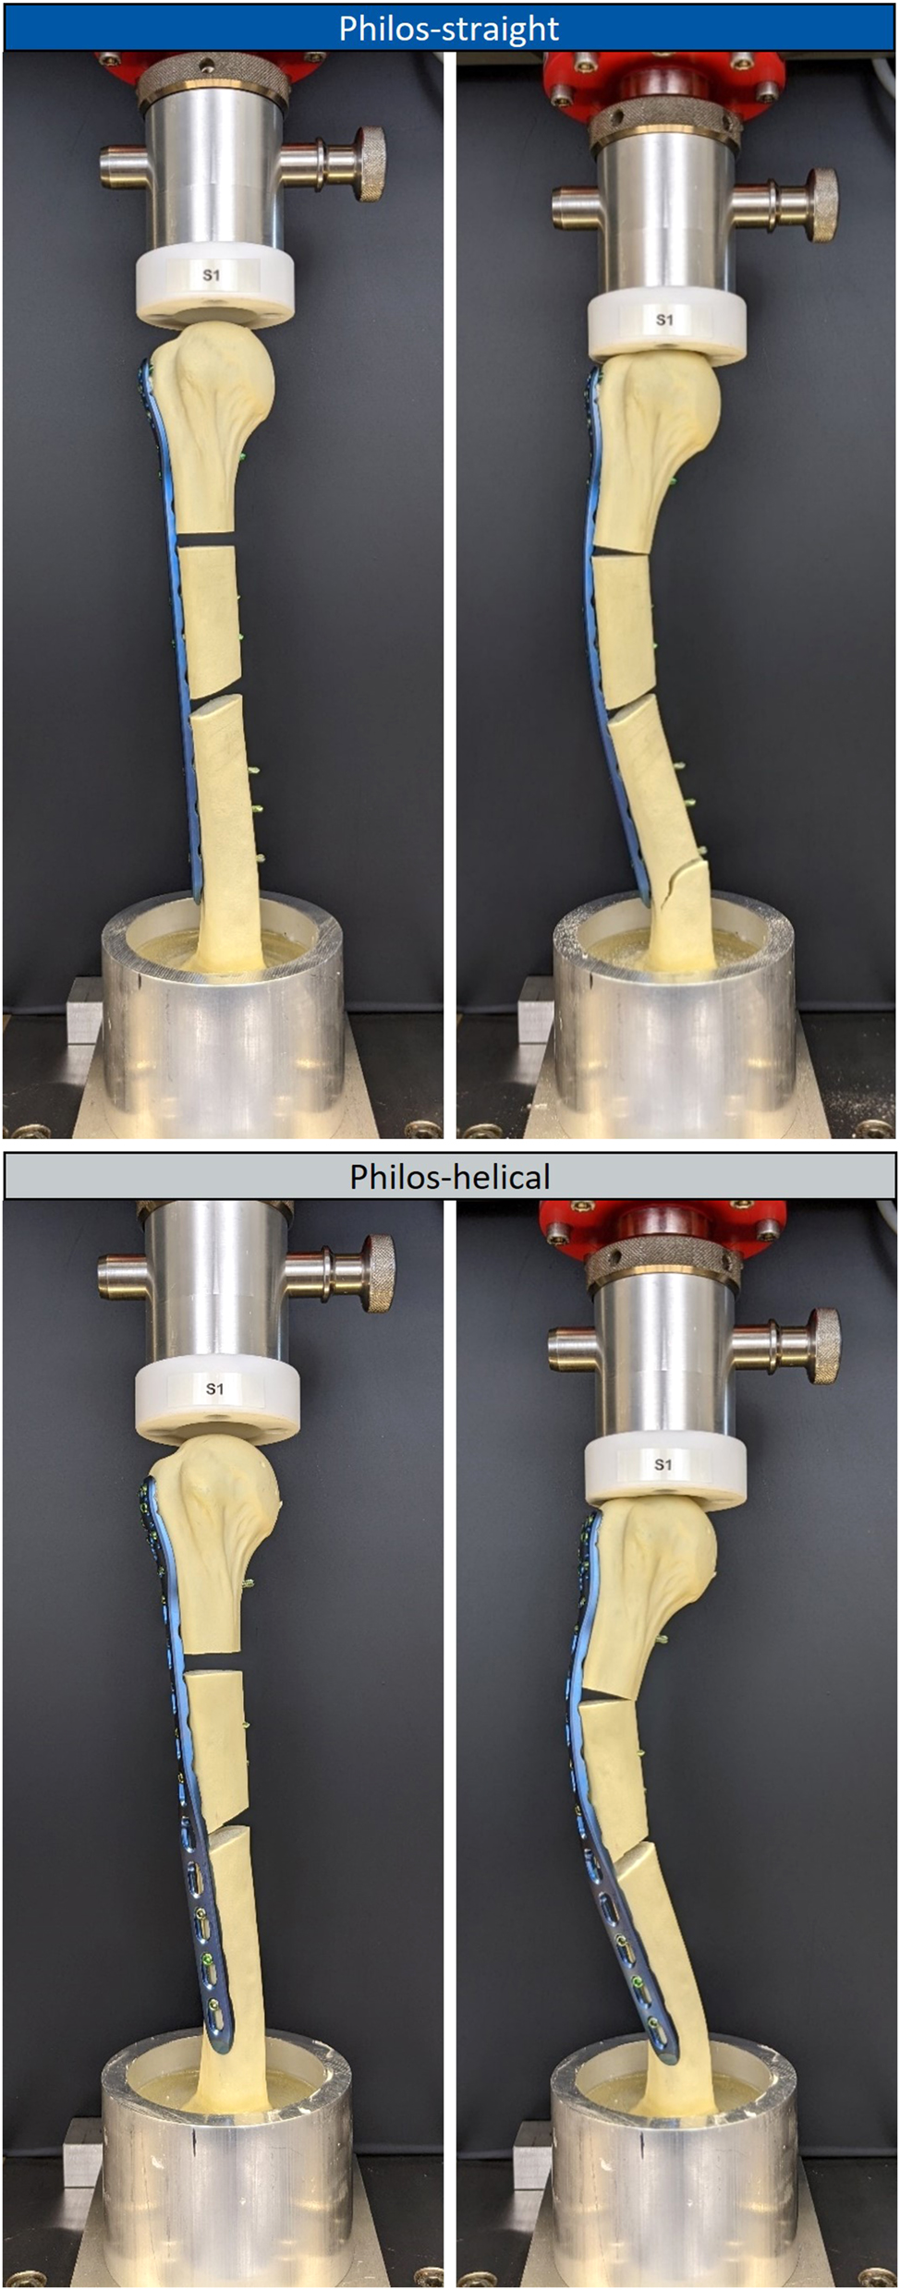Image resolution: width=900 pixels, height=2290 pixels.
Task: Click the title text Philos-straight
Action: coord(449,29)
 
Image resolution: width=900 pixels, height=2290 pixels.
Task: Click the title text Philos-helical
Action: coord(449,1176)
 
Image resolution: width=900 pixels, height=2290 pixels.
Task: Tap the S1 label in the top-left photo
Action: coord(212,275)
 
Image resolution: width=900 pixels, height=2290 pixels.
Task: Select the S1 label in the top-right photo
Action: coord(664,320)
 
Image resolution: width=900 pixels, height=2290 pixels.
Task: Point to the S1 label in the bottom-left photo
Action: coord(214,1388)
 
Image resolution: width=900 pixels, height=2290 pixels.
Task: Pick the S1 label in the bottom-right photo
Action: coord(663,1464)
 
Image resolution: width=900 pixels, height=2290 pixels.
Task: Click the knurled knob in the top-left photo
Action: coord(372,163)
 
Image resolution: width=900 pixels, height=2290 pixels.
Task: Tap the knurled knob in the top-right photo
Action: coord(822,204)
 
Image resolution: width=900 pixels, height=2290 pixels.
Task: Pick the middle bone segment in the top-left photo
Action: coord(213,619)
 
